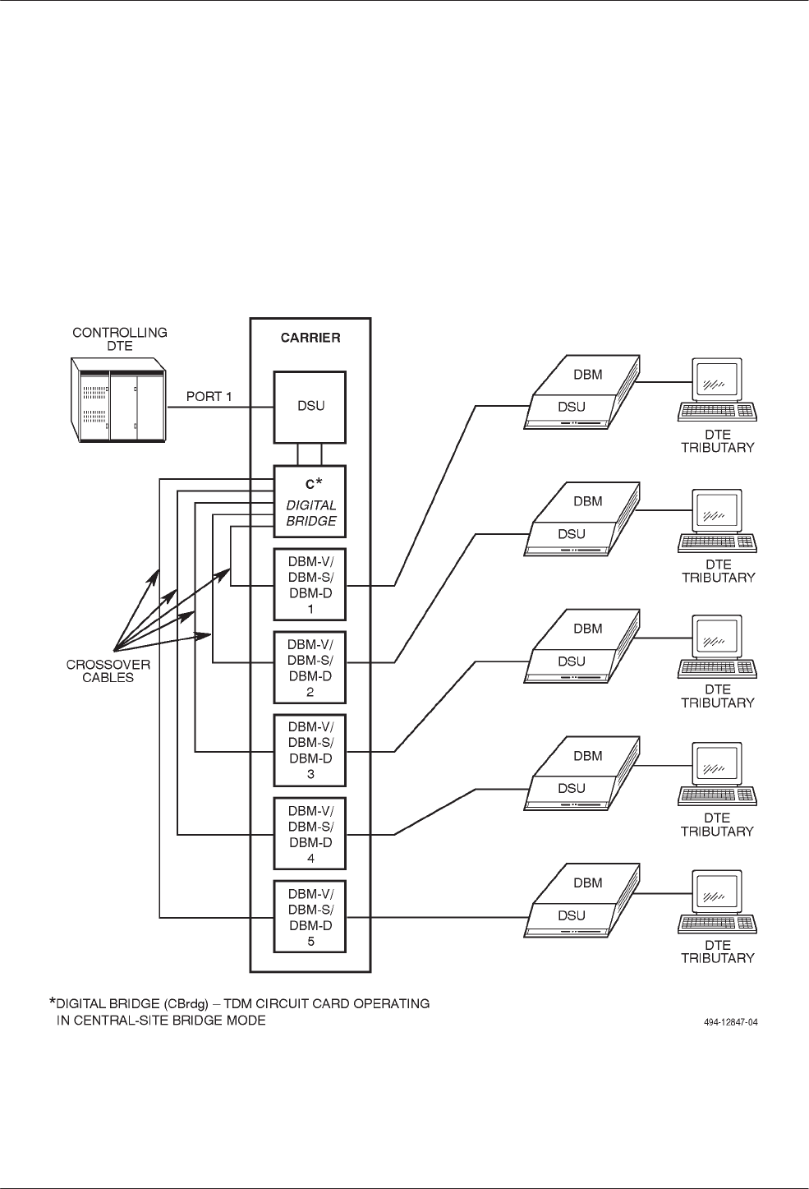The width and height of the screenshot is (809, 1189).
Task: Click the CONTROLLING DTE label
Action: (x=120, y=339)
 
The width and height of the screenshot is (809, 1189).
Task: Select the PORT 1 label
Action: (x=209, y=397)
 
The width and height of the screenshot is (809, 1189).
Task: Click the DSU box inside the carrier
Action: (x=310, y=406)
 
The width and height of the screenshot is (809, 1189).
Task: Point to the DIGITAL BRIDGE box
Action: (x=310, y=501)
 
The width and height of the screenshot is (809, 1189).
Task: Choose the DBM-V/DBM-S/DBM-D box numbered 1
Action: (x=310, y=584)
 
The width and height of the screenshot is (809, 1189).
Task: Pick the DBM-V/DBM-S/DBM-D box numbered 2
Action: (x=310, y=667)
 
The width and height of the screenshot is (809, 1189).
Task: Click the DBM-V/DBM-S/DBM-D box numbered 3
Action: (x=310, y=750)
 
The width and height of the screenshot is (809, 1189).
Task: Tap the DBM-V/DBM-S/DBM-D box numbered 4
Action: (x=310, y=833)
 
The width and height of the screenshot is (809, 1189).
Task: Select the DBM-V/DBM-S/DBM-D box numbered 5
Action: (x=310, y=916)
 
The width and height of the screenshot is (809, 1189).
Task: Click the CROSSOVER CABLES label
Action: (x=108, y=671)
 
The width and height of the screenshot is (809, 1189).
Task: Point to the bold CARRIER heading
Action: (x=310, y=338)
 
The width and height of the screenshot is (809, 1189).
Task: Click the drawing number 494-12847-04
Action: (x=729, y=1023)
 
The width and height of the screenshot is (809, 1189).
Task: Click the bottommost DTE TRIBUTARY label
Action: (x=717, y=952)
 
